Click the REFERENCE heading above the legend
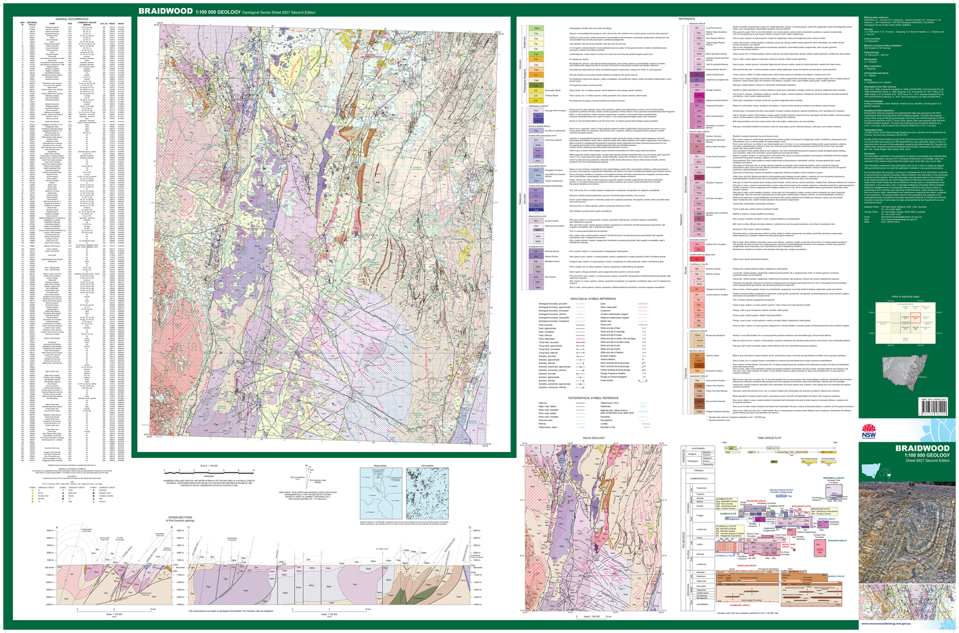click(686, 19)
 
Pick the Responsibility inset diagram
click(380, 490)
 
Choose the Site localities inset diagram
click(428, 490)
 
